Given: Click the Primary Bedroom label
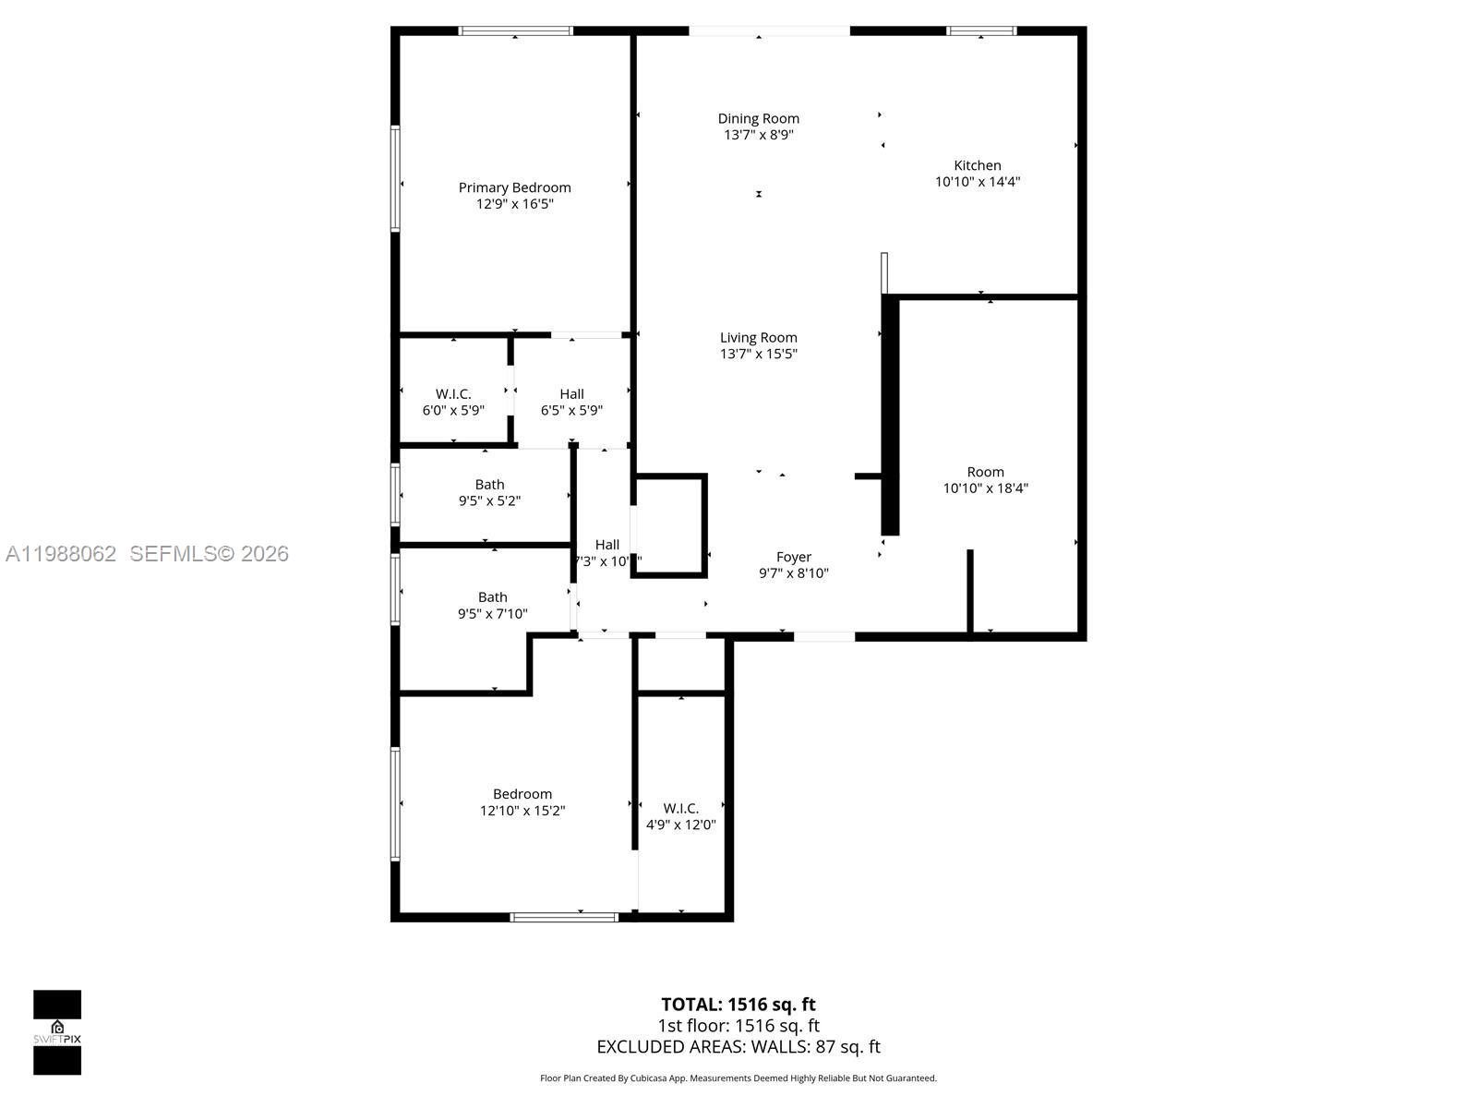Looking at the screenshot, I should [x=514, y=187].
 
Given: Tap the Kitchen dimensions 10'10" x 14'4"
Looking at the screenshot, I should [x=977, y=182].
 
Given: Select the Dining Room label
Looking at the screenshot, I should [x=758, y=118].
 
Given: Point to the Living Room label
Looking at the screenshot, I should [x=758, y=338].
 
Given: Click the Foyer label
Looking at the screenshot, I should [x=793, y=557].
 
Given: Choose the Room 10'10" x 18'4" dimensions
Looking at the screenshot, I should [x=985, y=488].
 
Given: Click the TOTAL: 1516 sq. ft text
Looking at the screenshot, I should [x=738, y=1005].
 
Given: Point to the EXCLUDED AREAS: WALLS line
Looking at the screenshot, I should [x=738, y=1047].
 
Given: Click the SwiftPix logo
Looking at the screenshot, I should [x=57, y=1031].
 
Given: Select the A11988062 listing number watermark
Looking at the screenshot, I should [x=61, y=554].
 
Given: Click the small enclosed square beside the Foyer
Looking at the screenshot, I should [x=670, y=525].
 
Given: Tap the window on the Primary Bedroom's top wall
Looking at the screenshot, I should [x=515, y=30].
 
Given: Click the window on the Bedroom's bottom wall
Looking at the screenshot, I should [x=563, y=917].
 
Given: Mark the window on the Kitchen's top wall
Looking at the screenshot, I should [x=981, y=30].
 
